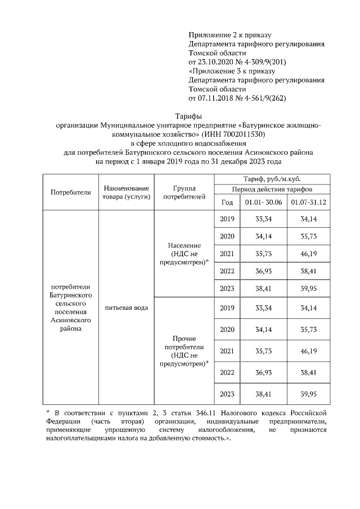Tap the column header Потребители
(70, 192)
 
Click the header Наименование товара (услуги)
(126, 192)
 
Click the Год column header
(227, 202)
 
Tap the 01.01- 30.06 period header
(259, 202)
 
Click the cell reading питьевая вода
(126, 308)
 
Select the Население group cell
(184, 254)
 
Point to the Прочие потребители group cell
(184, 351)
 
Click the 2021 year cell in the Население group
(227, 254)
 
